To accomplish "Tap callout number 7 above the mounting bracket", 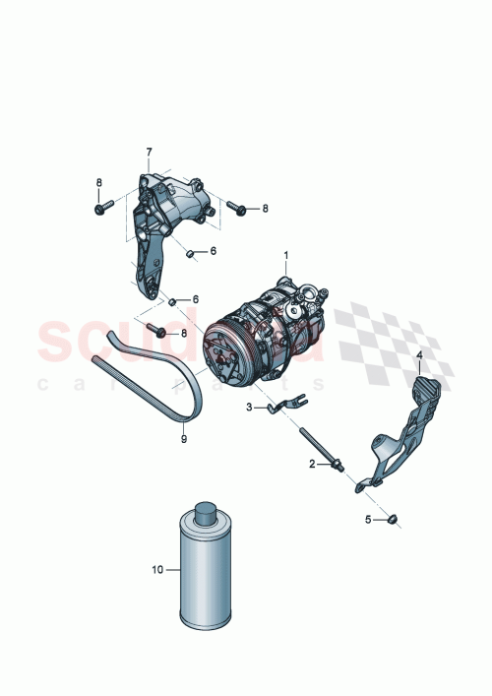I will [150, 153].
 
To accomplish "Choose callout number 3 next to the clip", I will [250, 406].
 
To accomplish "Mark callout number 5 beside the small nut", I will [369, 519].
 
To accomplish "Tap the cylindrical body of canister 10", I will [207, 581].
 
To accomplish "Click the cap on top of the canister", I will [207, 512].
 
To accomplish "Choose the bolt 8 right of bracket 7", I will [236, 207].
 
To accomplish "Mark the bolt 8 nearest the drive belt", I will [155, 332].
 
